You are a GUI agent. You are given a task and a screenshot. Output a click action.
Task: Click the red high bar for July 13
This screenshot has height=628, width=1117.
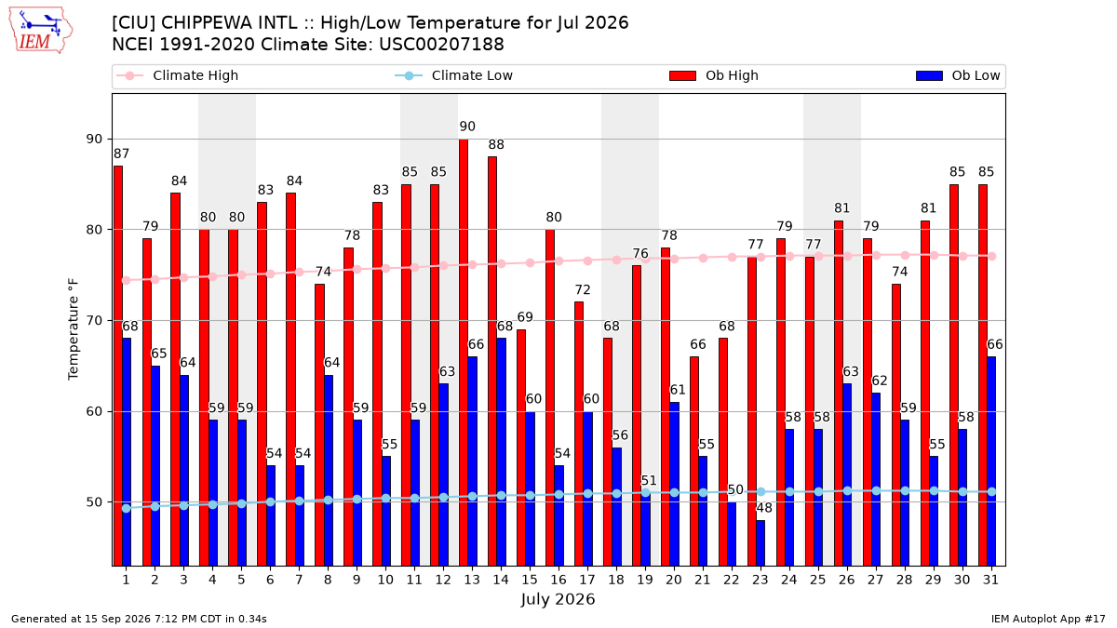pyautogui.click(x=464, y=353)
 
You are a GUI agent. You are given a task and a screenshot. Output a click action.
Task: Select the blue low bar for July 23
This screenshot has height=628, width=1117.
pyautogui.click(x=760, y=542)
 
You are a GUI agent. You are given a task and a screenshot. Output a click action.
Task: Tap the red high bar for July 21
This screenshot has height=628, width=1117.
pyautogui.click(x=693, y=461)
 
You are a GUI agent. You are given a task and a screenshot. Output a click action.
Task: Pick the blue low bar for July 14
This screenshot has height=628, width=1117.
pyautogui.click(x=501, y=452)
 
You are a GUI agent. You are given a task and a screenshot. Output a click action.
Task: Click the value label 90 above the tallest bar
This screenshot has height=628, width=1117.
pyautogui.click(x=467, y=127)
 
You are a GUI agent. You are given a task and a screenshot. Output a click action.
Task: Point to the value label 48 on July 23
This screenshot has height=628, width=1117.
pyautogui.click(x=764, y=508)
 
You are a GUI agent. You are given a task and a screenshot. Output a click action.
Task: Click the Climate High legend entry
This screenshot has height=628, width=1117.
pyautogui.click(x=178, y=75)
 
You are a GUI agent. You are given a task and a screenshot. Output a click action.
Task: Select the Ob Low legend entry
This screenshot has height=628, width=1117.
pyautogui.click(x=958, y=75)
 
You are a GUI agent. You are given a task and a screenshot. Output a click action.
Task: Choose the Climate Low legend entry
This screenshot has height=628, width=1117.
pyautogui.click(x=454, y=75)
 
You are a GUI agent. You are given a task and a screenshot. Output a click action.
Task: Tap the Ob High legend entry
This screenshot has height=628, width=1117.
pyautogui.click(x=714, y=75)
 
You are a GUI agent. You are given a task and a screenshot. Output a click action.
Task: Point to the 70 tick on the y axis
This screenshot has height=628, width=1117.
pyautogui.click(x=94, y=320)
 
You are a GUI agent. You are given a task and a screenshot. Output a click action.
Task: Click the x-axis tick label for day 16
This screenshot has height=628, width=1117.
pyautogui.click(x=558, y=580)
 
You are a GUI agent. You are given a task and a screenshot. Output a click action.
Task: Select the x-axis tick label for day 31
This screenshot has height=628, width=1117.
pyautogui.click(x=990, y=580)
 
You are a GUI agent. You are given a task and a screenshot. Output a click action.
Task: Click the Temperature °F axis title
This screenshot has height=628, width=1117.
pyautogui.click(x=74, y=329)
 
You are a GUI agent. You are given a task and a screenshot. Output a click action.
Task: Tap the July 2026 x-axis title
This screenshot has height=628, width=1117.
pyautogui.click(x=558, y=599)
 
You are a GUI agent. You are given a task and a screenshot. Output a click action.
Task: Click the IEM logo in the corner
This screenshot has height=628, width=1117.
pyautogui.click(x=40, y=31)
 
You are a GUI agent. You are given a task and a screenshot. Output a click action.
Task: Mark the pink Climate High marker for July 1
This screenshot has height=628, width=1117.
pyautogui.click(x=127, y=281)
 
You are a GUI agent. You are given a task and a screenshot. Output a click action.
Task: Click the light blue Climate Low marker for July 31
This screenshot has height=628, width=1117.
pyautogui.click(x=991, y=492)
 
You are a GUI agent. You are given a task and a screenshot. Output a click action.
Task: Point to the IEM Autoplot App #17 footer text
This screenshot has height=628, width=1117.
pyautogui.click(x=1048, y=619)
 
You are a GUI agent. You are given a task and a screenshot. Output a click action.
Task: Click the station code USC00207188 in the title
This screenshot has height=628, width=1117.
pyautogui.click(x=441, y=45)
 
